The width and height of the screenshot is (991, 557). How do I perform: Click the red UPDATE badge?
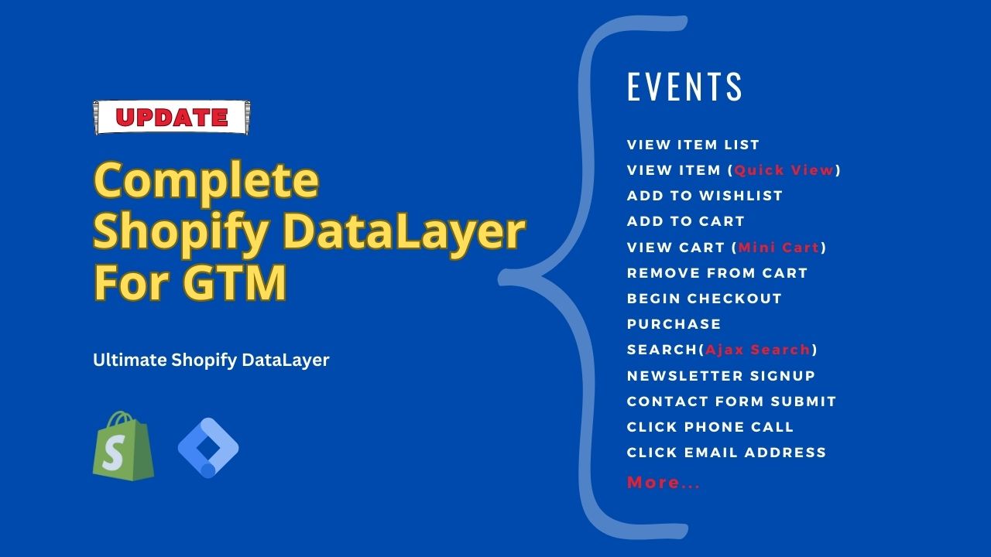tap(171, 118)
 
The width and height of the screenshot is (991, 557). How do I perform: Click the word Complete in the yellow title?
tap(206, 181)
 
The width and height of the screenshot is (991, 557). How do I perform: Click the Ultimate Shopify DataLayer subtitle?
tap(211, 360)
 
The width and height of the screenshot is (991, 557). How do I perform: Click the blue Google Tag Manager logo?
tap(207, 447)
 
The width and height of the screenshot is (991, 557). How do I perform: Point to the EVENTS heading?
tap(684, 87)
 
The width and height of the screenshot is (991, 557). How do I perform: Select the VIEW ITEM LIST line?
tap(693, 145)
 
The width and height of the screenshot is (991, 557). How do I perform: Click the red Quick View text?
tap(784, 170)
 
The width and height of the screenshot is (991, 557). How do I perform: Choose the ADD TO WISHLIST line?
tap(705, 196)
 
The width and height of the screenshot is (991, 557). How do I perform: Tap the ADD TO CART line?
tap(685, 221)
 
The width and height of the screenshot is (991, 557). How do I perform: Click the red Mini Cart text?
tap(778, 248)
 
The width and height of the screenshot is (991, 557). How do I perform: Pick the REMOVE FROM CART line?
tap(717, 273)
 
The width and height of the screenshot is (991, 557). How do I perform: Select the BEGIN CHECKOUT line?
tap(705, 299)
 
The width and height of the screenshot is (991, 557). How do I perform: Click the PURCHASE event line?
tap(674, 324)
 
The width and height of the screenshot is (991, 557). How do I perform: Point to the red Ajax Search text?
tap(757, 350)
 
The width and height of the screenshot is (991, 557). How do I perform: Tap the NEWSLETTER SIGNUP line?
tap(721, 376)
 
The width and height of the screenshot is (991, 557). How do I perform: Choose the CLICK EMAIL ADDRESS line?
tap(726, 453)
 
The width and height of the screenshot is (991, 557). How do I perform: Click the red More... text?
tap(664, 483)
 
